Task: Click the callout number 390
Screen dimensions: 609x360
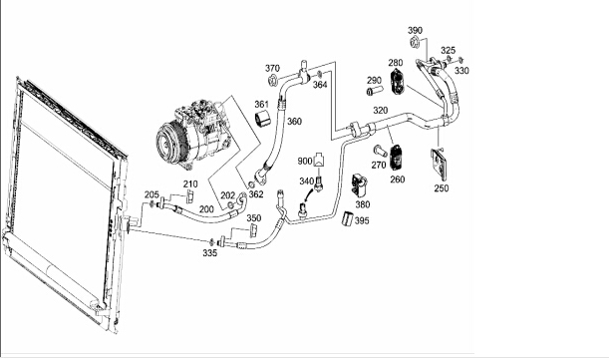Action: tap(415, 30)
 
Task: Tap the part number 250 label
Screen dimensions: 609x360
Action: tap(442, 188)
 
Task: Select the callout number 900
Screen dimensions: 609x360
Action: tap(305, 161)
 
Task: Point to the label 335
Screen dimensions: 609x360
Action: tap(209, 253)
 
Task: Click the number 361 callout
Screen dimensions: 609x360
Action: tap(261, 104)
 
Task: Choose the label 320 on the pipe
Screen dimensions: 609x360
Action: tap(380, 111)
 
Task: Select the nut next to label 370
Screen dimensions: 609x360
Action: tap(272, 81)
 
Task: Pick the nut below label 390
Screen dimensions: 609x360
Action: tap(414, 42)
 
